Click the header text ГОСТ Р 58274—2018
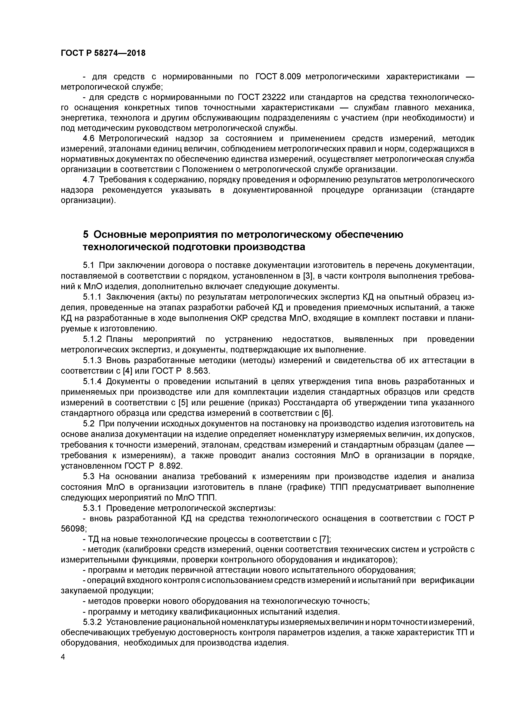[x=103, y=53]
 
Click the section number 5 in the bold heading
[x=86, y=235]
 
